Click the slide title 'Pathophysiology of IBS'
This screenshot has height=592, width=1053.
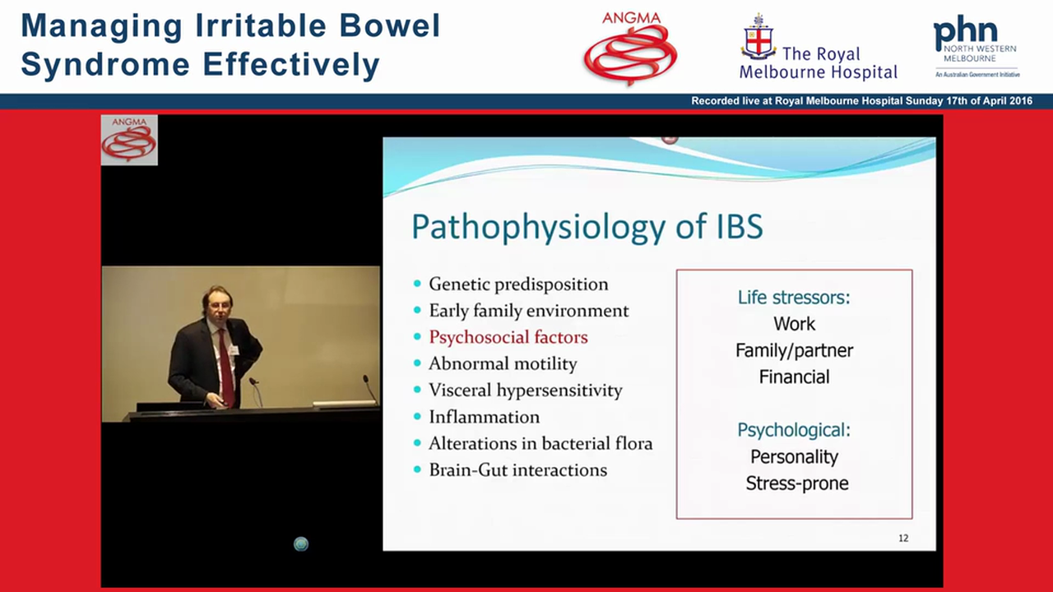coord(587,226)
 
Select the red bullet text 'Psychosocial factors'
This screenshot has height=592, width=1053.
coord(508,337)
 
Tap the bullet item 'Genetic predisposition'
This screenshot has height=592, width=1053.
coord(518,284)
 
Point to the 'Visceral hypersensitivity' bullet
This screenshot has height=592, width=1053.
coord(525,391)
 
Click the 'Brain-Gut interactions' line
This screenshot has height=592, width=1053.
coord(517,470)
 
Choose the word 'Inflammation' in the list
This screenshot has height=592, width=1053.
coord(484,417)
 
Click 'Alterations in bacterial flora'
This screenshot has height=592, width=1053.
coord(540,443)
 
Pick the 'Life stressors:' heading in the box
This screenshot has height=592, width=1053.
coord(793,297)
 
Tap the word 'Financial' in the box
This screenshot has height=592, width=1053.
coord(794,377)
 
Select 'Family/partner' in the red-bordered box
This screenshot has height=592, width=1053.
coord(794,350)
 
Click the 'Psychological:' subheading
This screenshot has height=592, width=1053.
coord(793,430)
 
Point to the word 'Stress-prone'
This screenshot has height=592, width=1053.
coord(796,483)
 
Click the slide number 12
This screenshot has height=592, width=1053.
coord(903,539)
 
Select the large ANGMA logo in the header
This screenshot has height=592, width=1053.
coord(630,49)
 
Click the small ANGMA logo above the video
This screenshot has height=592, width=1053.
coord(129,140)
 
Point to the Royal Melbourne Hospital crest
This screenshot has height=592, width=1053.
coord(758,38)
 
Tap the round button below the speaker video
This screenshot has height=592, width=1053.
coord(301,543)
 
